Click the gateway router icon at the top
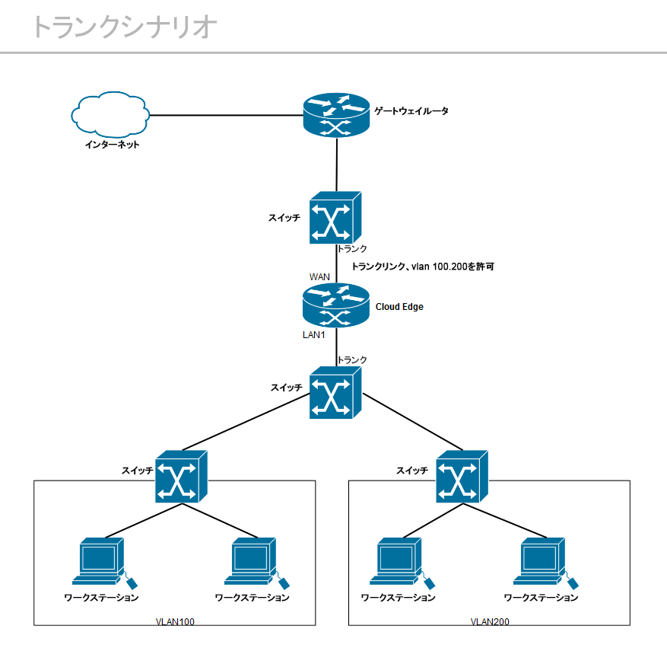point(335,115)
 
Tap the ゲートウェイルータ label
point(411,111)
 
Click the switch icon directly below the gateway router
point(335,217)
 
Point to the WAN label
point(319,276)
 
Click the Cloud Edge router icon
point(335,305)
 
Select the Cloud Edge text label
point(399,307)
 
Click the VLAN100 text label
point(175,622)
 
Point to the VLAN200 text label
point(490,622)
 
